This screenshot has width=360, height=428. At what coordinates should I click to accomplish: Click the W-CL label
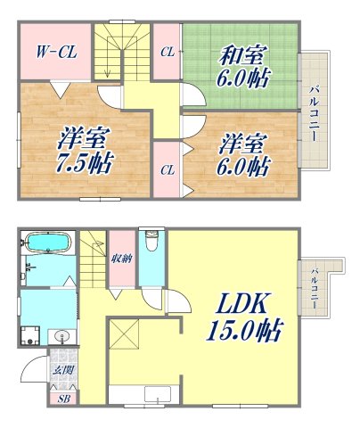pos(56,52)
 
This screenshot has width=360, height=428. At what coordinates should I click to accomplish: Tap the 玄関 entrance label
pos(62,371)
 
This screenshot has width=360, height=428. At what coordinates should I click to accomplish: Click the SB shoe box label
pos(63,399)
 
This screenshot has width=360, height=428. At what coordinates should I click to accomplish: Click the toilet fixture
pos(151,243)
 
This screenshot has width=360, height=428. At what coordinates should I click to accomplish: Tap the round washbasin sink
pos(61,336)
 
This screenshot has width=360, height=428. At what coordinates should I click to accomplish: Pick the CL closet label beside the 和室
pos(167,51)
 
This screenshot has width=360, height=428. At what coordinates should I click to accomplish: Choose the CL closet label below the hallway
pos(167,169)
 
